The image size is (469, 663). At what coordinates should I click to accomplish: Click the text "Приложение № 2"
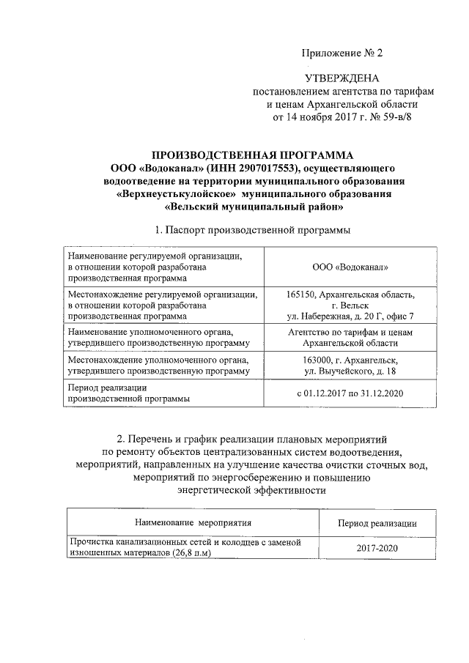click(x=343, y=53)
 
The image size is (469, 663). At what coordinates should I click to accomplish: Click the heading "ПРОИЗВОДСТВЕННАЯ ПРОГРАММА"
click(x=251, y=155)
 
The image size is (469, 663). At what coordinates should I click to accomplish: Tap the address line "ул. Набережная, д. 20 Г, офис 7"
click(x=350, y=316)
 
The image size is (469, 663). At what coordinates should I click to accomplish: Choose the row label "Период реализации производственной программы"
click(x=128, y=393)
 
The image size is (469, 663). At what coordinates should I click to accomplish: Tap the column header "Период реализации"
click(x=377, y=523)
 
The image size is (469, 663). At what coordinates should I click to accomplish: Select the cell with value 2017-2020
click(x=377, y=547)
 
